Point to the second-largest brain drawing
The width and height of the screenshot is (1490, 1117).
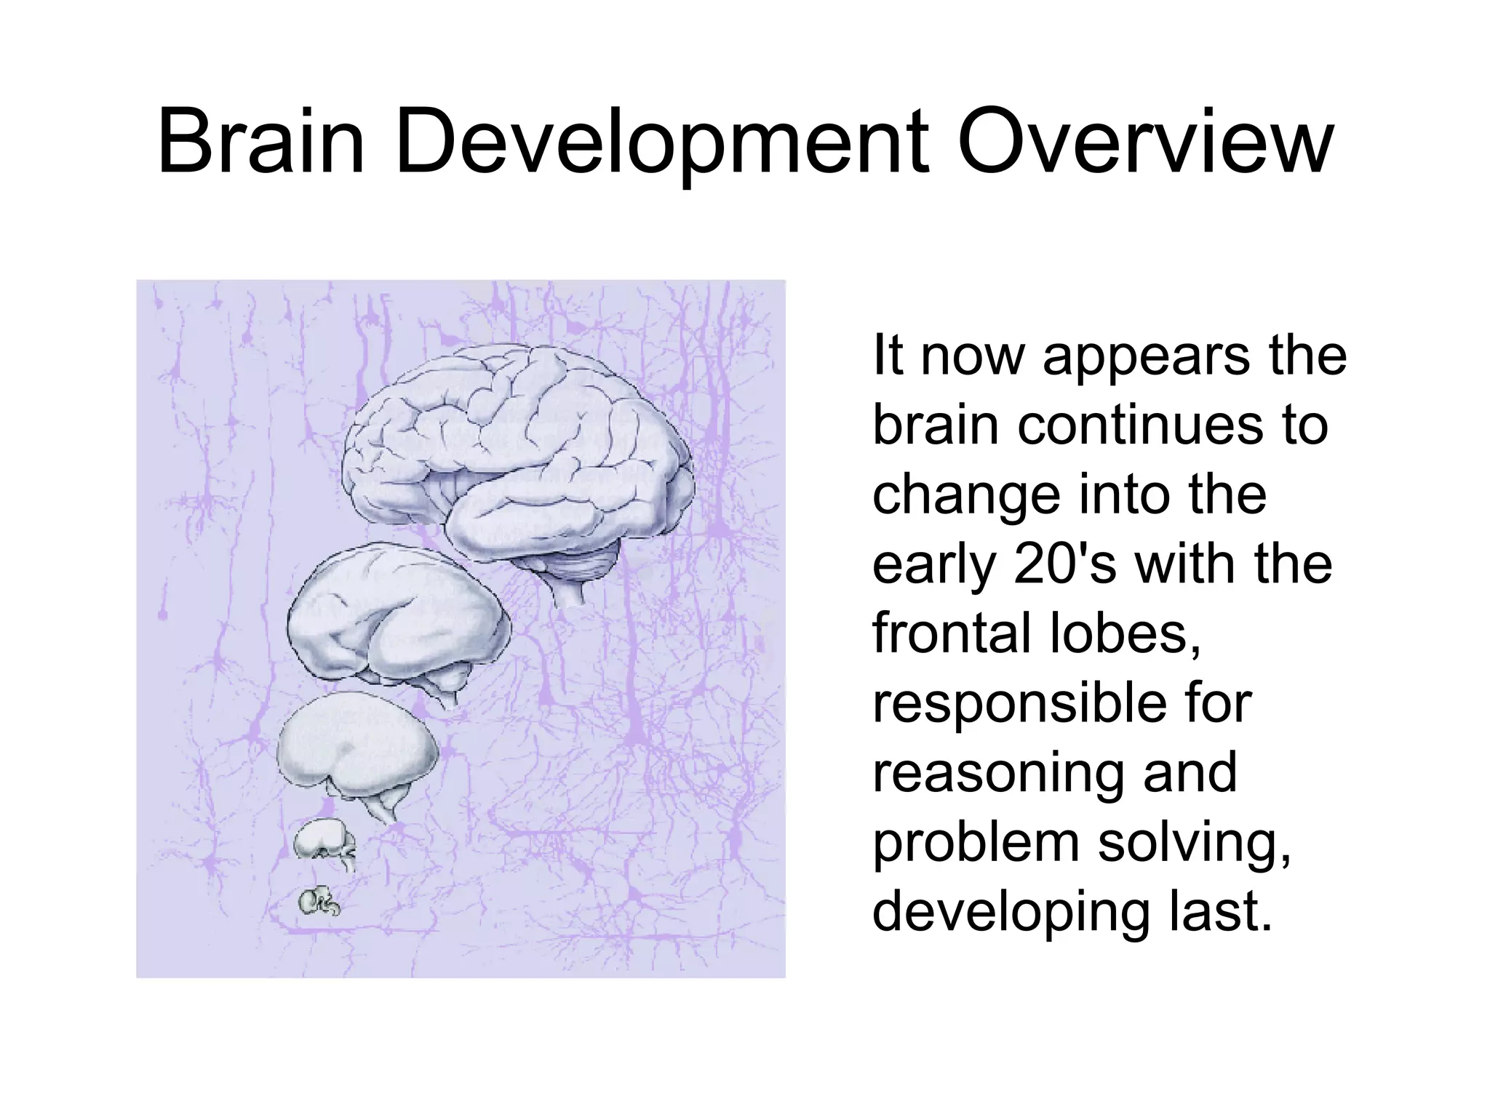point(397,618)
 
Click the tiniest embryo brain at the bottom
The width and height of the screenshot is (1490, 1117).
point(319,902)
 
